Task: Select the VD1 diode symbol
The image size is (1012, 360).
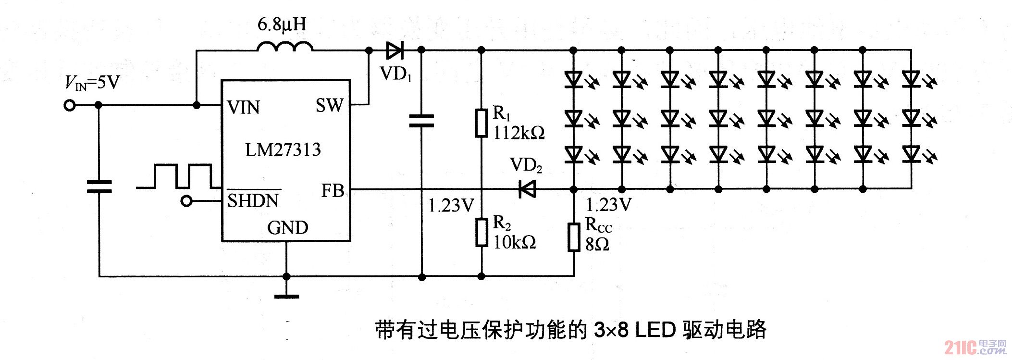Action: point(395,50)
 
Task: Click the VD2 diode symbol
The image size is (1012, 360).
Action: point(527,189)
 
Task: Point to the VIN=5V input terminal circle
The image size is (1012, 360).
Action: point(70,106)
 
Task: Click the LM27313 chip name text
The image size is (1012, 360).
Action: point(283,150)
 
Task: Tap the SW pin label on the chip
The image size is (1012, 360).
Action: point(330,105)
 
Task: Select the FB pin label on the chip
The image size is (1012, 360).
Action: point(333,191)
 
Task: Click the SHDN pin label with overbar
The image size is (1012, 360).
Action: point(253,199)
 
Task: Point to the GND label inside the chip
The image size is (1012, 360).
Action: point(287,227)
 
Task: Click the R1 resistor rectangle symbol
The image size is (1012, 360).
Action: point(481,123)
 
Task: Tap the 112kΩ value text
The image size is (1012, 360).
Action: point(519,133)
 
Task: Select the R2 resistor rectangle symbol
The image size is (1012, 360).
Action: point(481,232)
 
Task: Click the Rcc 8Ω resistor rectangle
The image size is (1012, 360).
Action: point(574,237)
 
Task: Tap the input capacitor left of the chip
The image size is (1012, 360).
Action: point(99,186)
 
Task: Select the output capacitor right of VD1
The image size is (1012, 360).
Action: point(421,121)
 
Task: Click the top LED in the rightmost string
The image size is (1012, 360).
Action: point(911,78)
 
